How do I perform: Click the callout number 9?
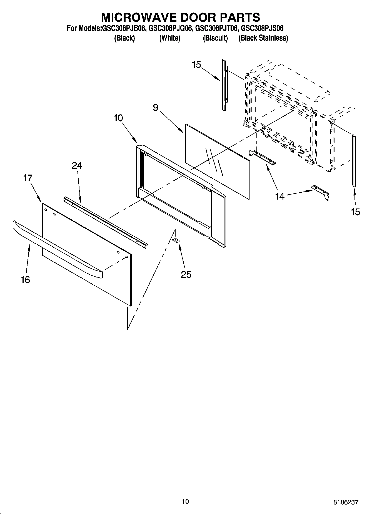156,108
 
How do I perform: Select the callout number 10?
118,118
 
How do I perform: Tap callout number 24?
77,165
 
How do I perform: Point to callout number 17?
28,178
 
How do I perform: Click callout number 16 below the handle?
25,280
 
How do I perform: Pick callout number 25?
186,275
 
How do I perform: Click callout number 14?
280,196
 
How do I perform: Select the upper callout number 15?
196,65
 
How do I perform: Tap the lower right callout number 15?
355,212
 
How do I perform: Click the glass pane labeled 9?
217,161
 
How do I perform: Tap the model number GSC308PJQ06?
170,28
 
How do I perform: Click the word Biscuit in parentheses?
215,38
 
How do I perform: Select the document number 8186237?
346,502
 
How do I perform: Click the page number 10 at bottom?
185,501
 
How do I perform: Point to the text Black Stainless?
263,38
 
